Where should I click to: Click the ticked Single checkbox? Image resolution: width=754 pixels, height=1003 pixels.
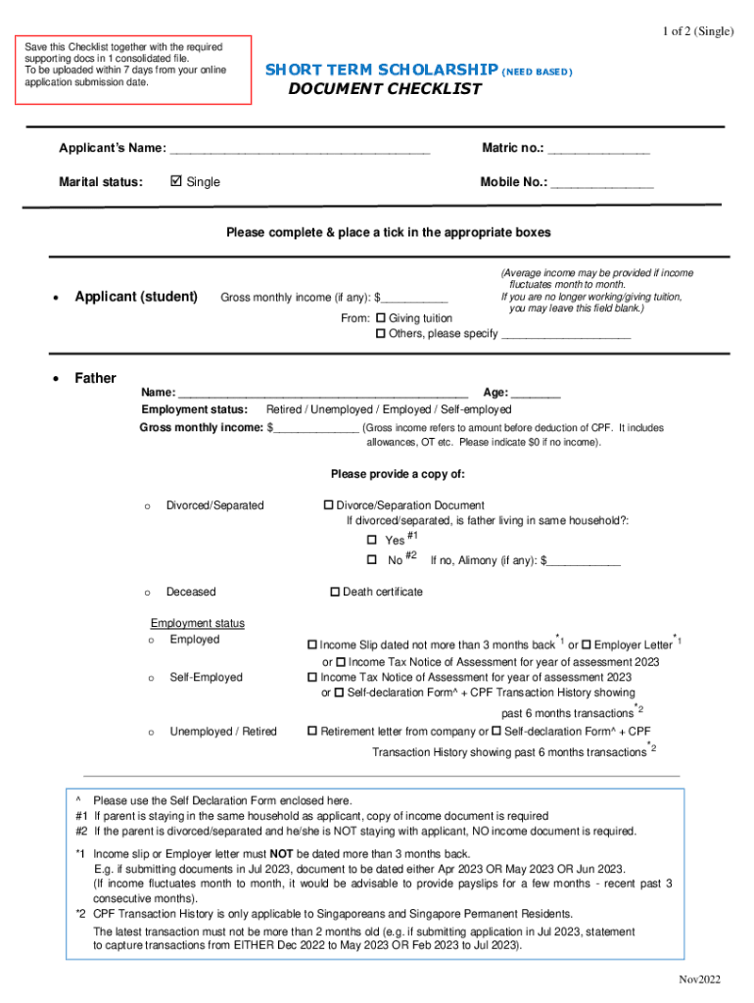pyautogui.click(x=176, y=181)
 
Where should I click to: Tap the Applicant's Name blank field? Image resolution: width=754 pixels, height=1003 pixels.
pyautogui.click(x=300, y=150)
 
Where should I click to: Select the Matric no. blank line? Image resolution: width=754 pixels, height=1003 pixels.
pyautogui.click(x=598, y=150)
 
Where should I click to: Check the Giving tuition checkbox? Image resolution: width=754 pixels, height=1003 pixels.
pyautogui.click(x=381, y=318)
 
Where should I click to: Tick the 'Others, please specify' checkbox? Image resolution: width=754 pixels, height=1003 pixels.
pyautogui.click(x=381, y=334)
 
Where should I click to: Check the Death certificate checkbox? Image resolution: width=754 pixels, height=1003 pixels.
pyautogui.click(x=335, y=592)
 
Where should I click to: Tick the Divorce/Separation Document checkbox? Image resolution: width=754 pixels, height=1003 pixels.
pyautogui.click(x=328, y=505)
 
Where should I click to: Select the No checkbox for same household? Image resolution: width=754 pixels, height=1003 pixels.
pyautogui.click(x=372, y=560)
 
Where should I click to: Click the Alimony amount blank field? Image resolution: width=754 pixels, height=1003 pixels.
pyautogui.click(x=585, y=561)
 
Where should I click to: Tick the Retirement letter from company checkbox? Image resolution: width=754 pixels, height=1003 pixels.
pyautogui.click(x=312, y=732)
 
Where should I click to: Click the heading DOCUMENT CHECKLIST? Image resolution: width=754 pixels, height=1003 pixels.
pyautogui.click(x=385, y=89)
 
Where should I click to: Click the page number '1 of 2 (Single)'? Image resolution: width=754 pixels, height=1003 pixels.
pyautogui.click(x=697, y=31)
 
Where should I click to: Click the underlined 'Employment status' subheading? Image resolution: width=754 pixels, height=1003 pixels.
pyautogui.click(x=198, y=623)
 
